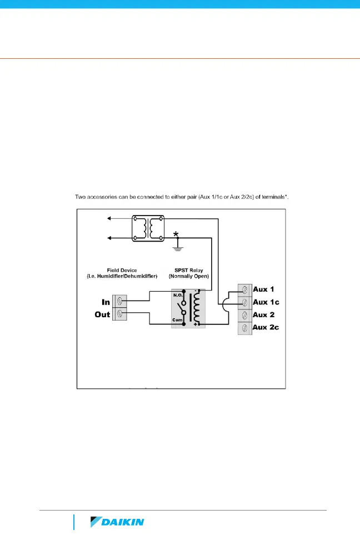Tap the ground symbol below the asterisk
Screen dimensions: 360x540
tap(178, 248)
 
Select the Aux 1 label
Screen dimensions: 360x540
tap(263, 289)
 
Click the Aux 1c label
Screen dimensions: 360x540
tap(266, 302)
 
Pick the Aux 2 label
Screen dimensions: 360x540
tap(263, 314)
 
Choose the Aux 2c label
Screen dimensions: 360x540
tap(266, 327)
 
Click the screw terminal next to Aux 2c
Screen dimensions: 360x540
tap(244, 327)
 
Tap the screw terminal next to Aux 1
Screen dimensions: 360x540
tap(244, 289)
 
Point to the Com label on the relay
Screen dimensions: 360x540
tap(177, 321)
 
